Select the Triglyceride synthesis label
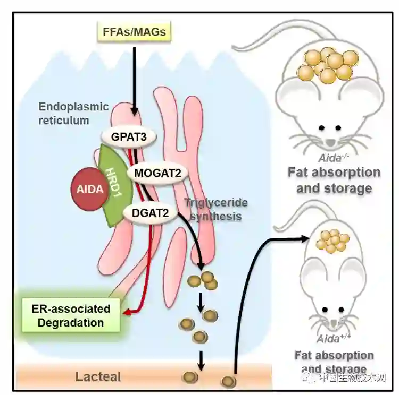pyautogui.click(x=213, y=209)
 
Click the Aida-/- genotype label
pyautogui.click(x=333, y=158)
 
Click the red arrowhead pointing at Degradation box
pyautogui.click(x=126, y=312)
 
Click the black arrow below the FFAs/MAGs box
pyautogui.click(x=135, y=80)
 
